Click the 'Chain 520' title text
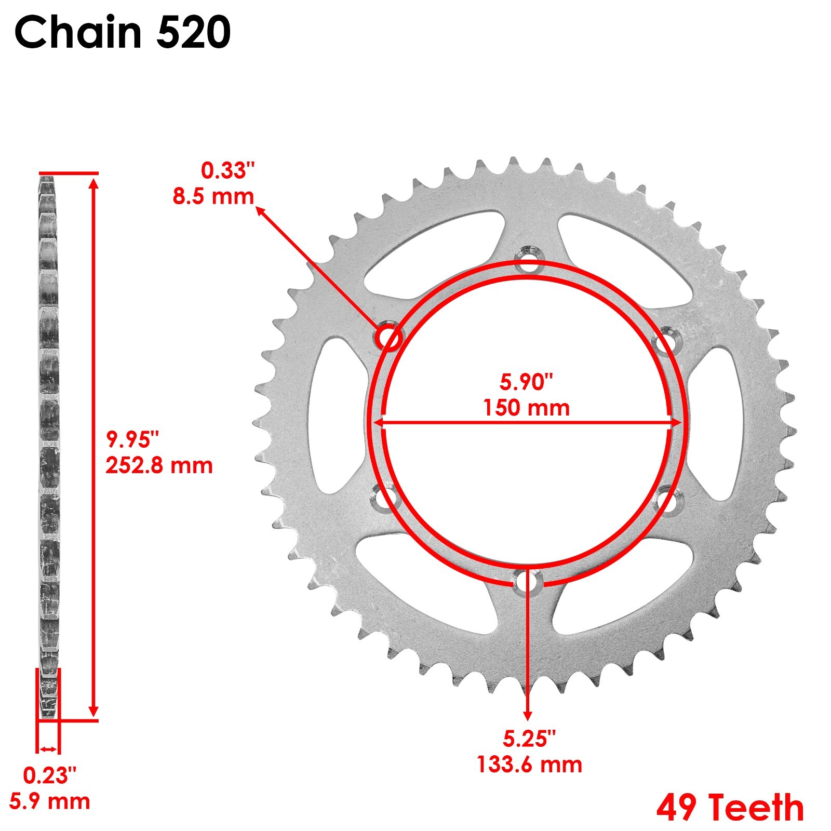123,32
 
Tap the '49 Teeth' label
730,808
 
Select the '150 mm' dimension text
526,408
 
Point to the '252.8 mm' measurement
159,465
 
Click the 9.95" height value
131,439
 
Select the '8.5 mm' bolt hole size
213,197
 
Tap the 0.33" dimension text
228,171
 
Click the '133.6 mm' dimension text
529,765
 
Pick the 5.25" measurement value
529,739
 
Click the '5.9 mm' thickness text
49,801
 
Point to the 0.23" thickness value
49,776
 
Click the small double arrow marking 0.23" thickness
48,748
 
